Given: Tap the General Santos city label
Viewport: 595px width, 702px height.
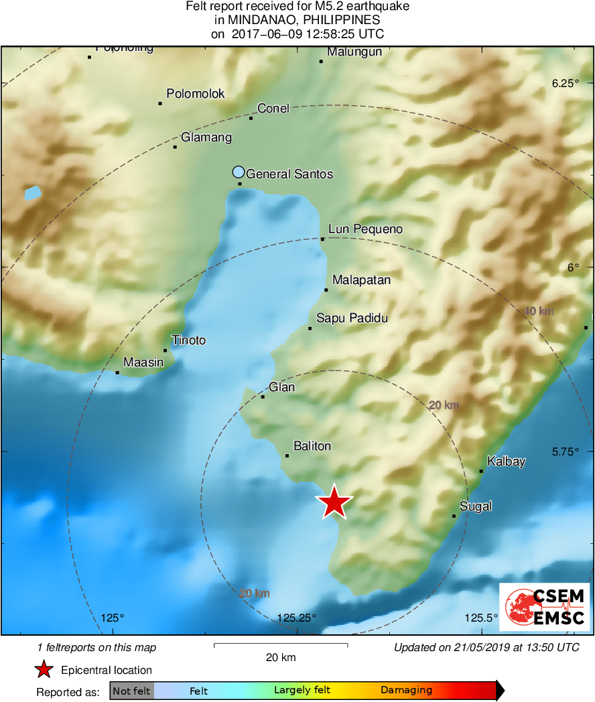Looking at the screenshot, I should point(289,174).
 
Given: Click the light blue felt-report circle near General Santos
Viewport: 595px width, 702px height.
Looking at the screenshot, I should point(239,171).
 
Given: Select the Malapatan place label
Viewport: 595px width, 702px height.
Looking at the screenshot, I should point(361,280).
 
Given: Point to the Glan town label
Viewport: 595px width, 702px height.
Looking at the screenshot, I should point(281,387).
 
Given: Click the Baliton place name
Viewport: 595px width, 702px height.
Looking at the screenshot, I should point(312,446).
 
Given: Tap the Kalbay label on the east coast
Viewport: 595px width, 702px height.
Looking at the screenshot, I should point(506,462).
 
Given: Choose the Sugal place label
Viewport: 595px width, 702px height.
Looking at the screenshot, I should point(476,506).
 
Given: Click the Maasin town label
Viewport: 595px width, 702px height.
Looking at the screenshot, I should point(143,362).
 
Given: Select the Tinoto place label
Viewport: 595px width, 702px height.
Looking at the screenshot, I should point(188,340).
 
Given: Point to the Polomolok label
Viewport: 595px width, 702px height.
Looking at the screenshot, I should point(196,94).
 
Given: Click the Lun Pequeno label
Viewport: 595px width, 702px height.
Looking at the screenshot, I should point(365,230).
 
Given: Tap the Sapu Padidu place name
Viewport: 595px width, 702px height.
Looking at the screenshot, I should point(352,318).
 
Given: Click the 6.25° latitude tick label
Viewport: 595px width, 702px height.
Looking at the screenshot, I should point(564,84).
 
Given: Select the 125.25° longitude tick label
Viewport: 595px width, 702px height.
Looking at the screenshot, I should point(297,618).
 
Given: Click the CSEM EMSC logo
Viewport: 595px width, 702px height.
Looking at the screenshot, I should point(544,607).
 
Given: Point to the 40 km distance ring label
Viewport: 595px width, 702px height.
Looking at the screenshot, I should point(539,311).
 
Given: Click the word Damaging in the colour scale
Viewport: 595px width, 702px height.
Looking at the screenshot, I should point(406,690).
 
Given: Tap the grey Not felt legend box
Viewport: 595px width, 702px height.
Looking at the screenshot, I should point(131,691).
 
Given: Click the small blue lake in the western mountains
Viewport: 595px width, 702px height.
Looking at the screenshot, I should point(32,194).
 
